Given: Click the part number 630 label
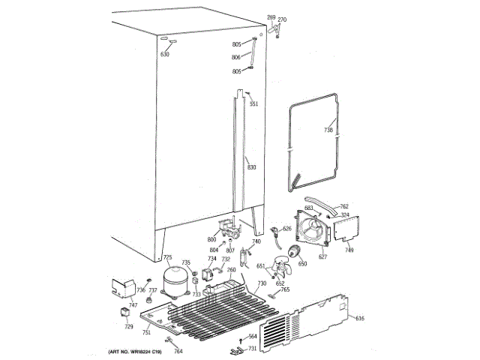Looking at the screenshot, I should pos(165,55).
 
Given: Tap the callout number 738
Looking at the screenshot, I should pos(328,130).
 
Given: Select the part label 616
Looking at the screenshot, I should pos(360,319).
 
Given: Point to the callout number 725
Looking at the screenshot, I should pos(168,257).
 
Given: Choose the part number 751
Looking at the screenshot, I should pos(147,331).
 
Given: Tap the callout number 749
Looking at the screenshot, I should pos(349,250).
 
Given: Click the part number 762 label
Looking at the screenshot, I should pos(344,206).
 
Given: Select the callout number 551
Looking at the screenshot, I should pos(253,103).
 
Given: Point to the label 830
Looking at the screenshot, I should pos(252,166).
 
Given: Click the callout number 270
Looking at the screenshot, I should pos(282,19).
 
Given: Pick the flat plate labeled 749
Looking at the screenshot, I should pos(346,229).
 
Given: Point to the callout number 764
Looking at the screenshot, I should pos(178,351).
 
